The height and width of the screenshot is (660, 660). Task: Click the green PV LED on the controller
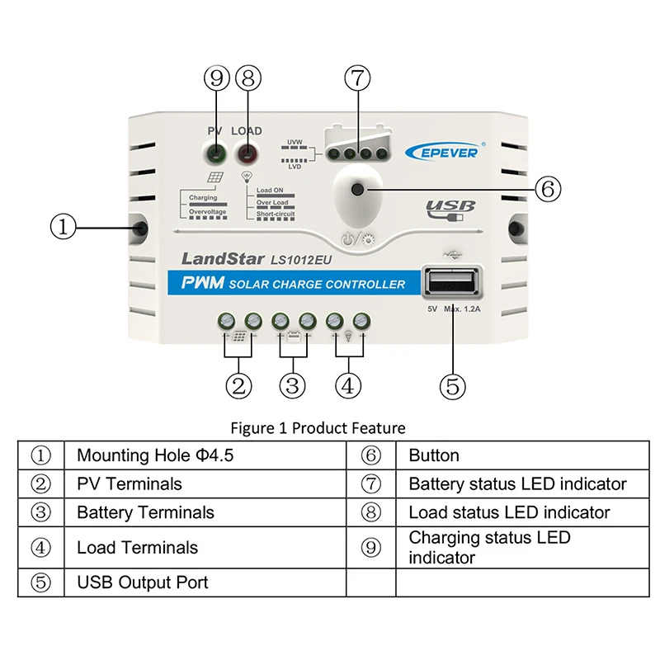click(x=216, y=153)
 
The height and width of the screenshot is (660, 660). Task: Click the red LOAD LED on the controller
click(x=246, y=153)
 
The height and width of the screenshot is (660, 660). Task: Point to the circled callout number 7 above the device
click(x=356, y=78)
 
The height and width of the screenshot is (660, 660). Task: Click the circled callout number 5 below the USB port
click(x=453, y=384)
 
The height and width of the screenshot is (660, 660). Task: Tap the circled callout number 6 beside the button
click(x=547, y=189)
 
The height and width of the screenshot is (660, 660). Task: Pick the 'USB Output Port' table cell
click(x=142, y=582)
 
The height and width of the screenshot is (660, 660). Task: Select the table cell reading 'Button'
click(x=434, y=455)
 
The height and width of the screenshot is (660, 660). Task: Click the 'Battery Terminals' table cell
click(x=145, y=512)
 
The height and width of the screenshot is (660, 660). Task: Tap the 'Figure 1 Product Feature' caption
click(x=318, y=428)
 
